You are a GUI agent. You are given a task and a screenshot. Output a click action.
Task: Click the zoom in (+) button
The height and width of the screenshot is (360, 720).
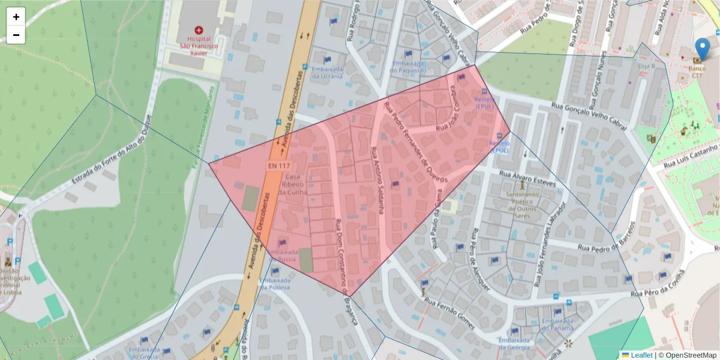16,17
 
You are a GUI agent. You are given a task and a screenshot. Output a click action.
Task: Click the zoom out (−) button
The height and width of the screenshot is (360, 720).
16,35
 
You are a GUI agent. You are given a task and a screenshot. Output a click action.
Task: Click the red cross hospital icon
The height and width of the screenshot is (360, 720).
199,30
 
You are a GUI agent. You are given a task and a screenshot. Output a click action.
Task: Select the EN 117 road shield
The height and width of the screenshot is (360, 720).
279,165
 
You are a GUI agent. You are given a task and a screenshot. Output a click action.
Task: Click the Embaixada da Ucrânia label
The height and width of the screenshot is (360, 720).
326,73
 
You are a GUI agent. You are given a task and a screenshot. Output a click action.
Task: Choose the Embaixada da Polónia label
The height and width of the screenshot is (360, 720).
275,283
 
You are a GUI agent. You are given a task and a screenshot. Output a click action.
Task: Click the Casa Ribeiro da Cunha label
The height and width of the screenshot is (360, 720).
292,184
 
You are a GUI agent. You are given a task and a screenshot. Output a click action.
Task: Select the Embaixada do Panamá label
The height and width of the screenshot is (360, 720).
557,324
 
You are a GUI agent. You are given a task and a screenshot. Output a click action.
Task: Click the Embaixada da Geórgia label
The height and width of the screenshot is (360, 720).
514,343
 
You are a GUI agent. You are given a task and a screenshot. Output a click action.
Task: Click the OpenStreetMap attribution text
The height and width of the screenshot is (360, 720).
691,355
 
